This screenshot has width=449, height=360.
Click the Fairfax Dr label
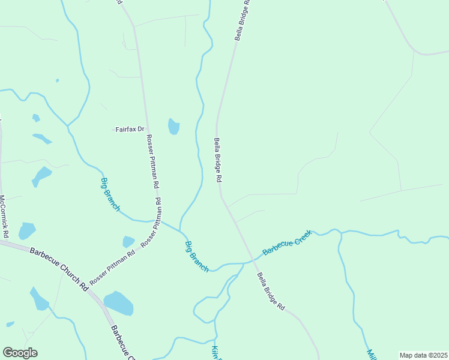tap(130, 129)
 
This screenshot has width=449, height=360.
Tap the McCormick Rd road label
tap(3, 215)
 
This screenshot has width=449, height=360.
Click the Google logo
tap(20, 353)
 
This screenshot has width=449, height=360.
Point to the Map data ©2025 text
tap(424, 355)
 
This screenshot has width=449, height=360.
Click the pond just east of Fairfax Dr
tap(173, 127)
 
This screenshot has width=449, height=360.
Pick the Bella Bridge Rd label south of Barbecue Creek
tap(271, 292)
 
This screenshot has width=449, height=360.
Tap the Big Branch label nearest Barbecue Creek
tap(196, 257)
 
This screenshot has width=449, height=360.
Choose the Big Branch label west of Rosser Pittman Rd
tap(110, 194)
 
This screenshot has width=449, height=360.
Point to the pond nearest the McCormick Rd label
tap(27, 230)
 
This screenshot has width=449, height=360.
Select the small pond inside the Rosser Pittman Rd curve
tap(128, 241)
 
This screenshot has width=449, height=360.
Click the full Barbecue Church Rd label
tap(59, 268)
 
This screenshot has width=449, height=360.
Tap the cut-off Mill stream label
tap(371, 354)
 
